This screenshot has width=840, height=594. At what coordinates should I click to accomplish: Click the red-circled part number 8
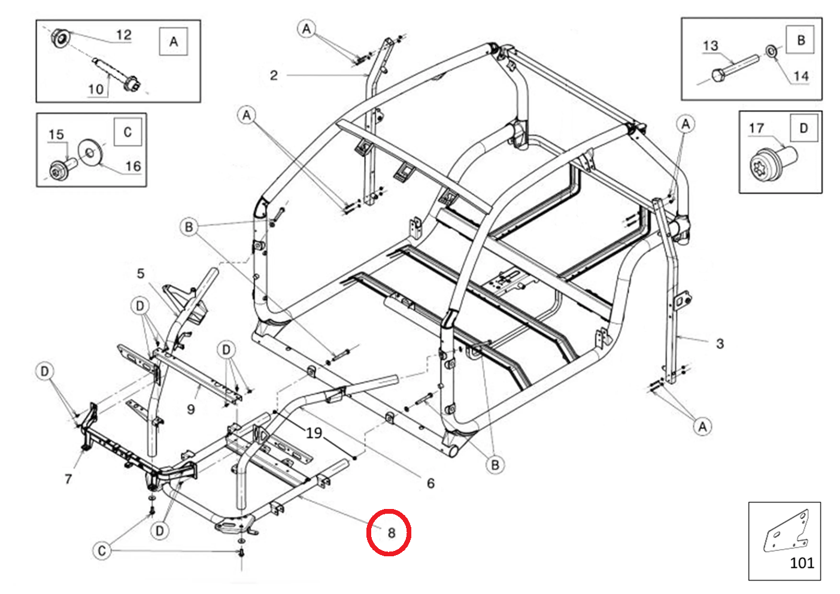[391, 532]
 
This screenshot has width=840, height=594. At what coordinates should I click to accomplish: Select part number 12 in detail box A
[123, 35]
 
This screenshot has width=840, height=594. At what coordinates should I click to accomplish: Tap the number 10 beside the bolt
[96, 89]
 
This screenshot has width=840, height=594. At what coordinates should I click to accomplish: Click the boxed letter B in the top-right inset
[800, 40]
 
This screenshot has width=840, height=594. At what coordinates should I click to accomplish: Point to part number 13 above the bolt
[710, 46]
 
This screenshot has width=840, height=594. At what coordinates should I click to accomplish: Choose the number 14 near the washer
[800, 76]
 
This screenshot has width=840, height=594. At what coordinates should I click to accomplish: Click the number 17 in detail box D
[756, 128]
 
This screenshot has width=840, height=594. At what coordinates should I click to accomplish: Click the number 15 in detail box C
[56, 134]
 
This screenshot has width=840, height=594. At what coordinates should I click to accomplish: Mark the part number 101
[802, 563]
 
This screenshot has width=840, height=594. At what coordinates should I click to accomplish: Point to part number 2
[274, 75]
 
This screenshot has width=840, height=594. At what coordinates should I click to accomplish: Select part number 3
[720, 344]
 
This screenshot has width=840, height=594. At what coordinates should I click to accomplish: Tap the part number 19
[314, 432]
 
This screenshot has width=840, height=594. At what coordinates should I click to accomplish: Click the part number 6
[430, 483]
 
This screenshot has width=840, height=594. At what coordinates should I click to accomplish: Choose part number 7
[68, 478]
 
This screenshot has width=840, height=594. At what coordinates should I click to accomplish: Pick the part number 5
[141, 274]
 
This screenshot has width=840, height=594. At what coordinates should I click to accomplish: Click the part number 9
[191, 409]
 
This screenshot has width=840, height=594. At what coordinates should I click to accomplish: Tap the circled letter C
[102, 550]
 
